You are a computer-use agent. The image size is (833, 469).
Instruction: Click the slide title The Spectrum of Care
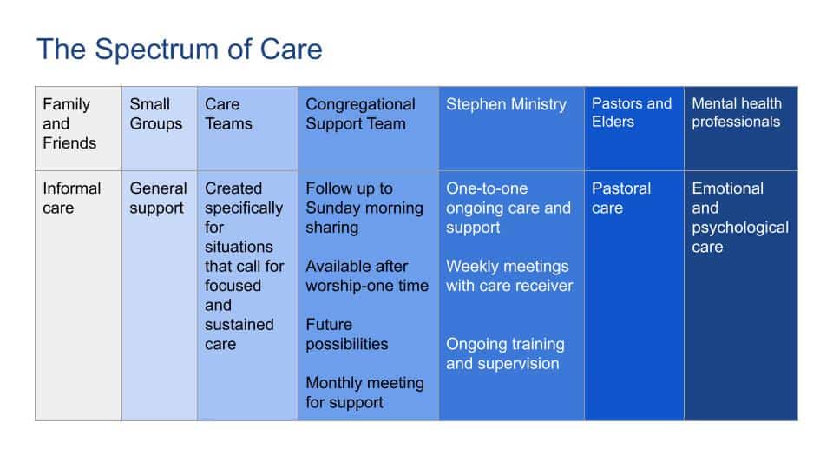(179, 50)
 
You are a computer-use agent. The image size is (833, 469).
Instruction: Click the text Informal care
(72, 198)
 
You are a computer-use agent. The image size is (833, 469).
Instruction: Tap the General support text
(158, 198)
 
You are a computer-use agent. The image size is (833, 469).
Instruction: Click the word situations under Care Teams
(239, 247)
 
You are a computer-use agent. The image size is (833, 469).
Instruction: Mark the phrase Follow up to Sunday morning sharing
(364, 208)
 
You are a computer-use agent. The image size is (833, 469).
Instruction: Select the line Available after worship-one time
(367, 276)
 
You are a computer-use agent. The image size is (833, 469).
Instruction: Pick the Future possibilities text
(347, 334)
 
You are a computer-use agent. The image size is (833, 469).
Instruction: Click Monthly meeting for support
(365, 393)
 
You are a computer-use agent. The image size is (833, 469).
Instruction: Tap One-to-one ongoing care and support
(508, 208)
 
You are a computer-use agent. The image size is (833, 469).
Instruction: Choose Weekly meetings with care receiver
(509, 276)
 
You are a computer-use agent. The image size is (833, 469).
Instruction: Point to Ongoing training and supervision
(505, 353)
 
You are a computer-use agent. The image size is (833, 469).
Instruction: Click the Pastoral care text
(621, 198)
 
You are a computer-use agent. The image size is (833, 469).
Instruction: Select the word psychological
(740, 228)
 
